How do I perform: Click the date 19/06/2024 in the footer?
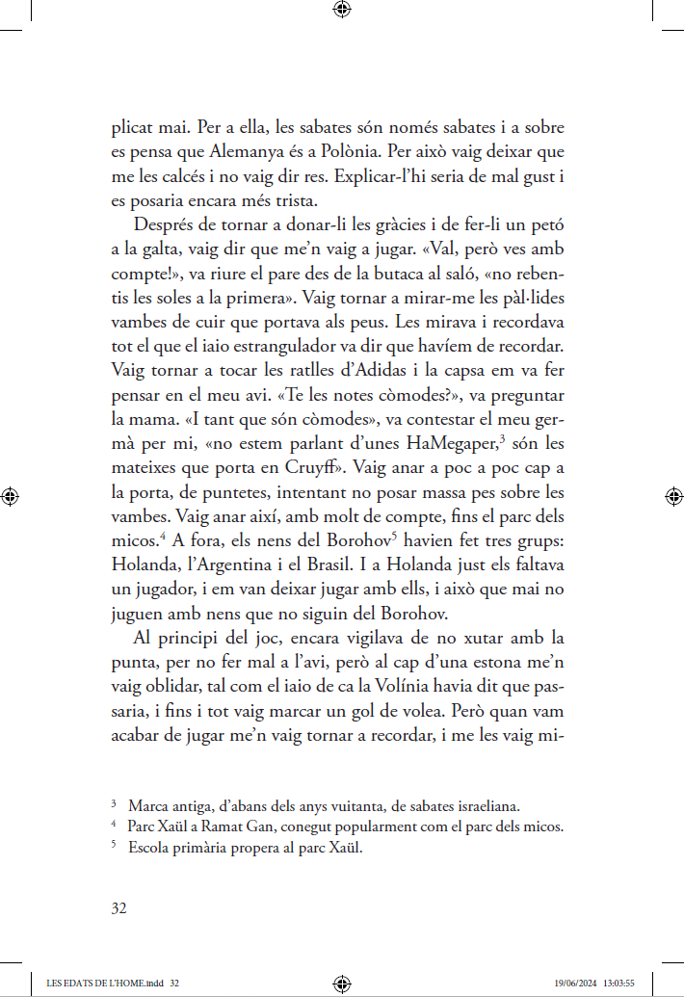(x=574, y=984)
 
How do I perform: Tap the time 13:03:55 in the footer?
(x=618, y=984)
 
